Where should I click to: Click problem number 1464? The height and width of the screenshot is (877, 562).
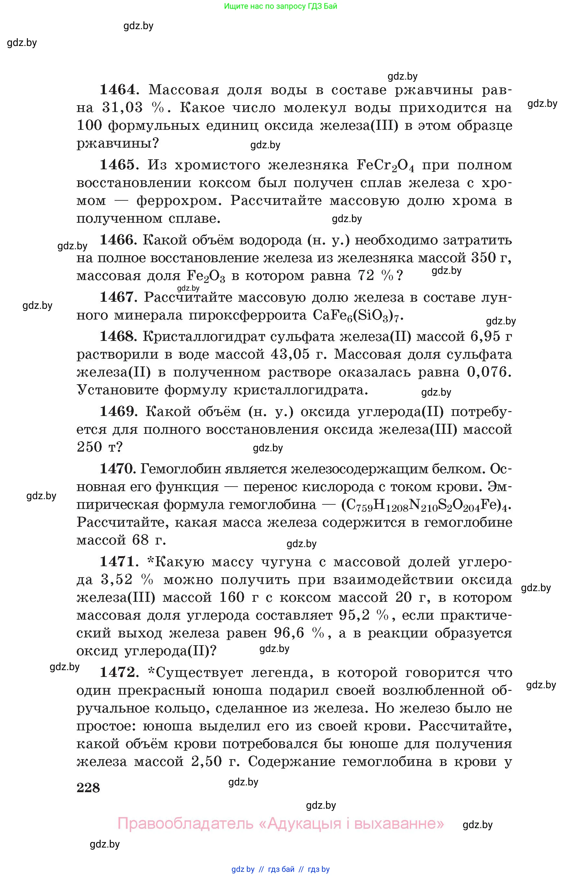pyautogui.click(x=118, y=90)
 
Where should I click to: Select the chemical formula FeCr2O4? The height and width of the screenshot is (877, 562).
pyautogui.click(x=385, y=166)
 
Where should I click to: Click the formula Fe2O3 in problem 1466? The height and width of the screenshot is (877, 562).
pyautogui.click(x=206, y=276)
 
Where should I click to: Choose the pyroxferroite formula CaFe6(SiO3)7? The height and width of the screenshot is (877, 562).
pyautogui.click(x=358, y=316)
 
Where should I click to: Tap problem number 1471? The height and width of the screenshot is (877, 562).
pyautogui.click(x=118, y=562)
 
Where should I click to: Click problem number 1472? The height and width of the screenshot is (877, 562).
pyautogui.click(x=118, y=673)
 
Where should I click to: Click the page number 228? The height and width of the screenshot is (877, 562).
pyautogui.click(x=88, y=788)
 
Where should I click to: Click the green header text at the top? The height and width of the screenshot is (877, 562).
pyautogui.click(x=280, y=6)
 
